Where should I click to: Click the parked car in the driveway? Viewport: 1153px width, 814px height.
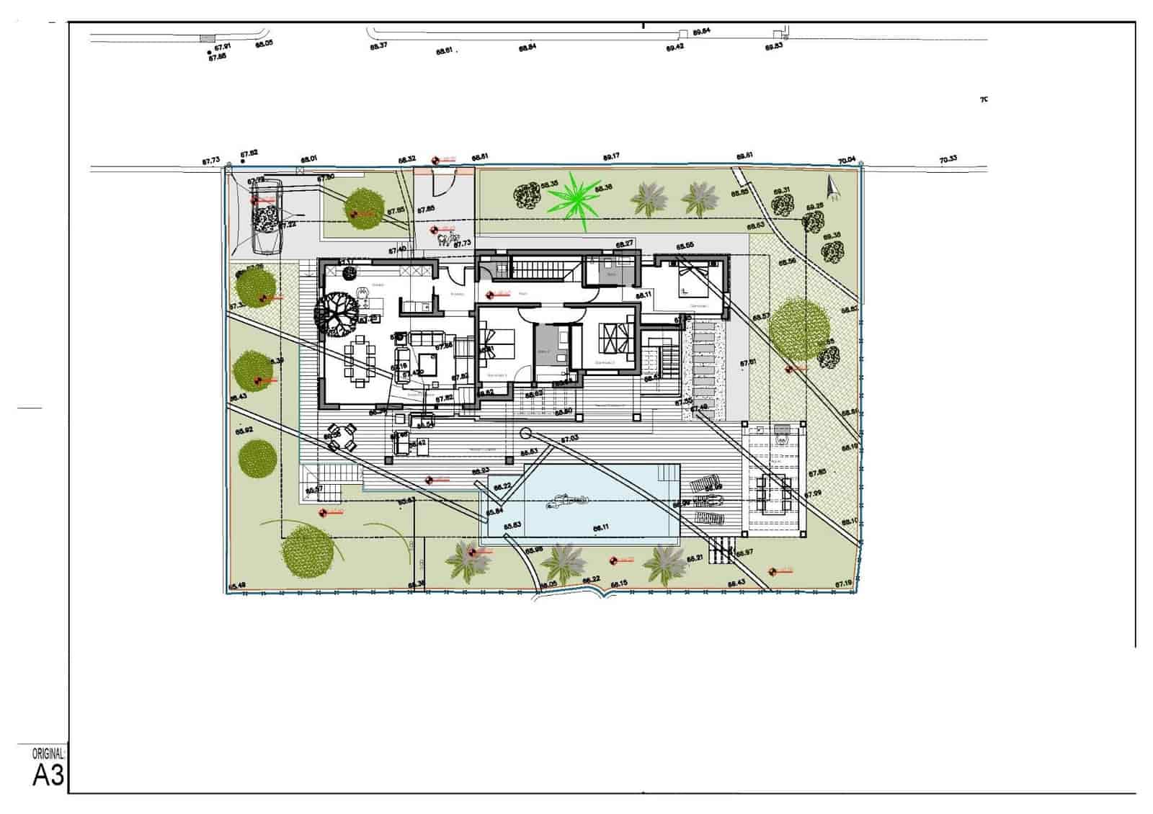tap(265, 217)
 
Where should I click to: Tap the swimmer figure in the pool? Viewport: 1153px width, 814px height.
tap(569, 501)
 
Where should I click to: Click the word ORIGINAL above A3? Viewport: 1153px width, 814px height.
tap(48, 754)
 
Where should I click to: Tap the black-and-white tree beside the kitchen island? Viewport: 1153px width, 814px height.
tap(336, 313)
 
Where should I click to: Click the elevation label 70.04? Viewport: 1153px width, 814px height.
tap(847, 159)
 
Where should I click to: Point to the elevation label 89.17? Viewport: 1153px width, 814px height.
tap(611, 156)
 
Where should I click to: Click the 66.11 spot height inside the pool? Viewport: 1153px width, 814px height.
tap(601, 527)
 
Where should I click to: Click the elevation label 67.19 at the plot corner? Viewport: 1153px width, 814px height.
tap(844, 583)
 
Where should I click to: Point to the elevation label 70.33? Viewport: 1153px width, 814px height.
tap(948, 159)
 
